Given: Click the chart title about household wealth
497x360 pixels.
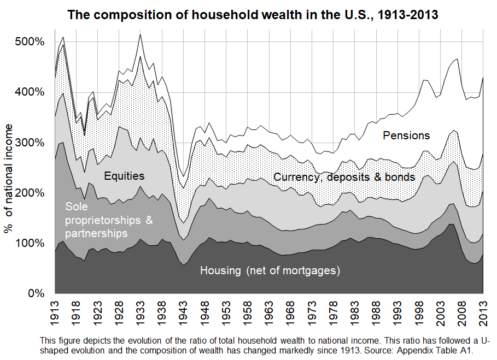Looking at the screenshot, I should (x=253, y=15).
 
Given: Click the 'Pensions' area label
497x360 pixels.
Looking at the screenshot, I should (x=406, y=135).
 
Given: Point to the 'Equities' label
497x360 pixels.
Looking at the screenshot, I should (x=124, y=176).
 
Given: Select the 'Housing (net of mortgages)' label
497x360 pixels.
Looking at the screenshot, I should (x=270, y=270).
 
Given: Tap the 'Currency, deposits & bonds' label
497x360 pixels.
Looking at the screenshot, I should (x=344, y=177).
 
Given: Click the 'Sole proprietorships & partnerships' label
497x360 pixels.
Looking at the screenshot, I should (x=109, y=220).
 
